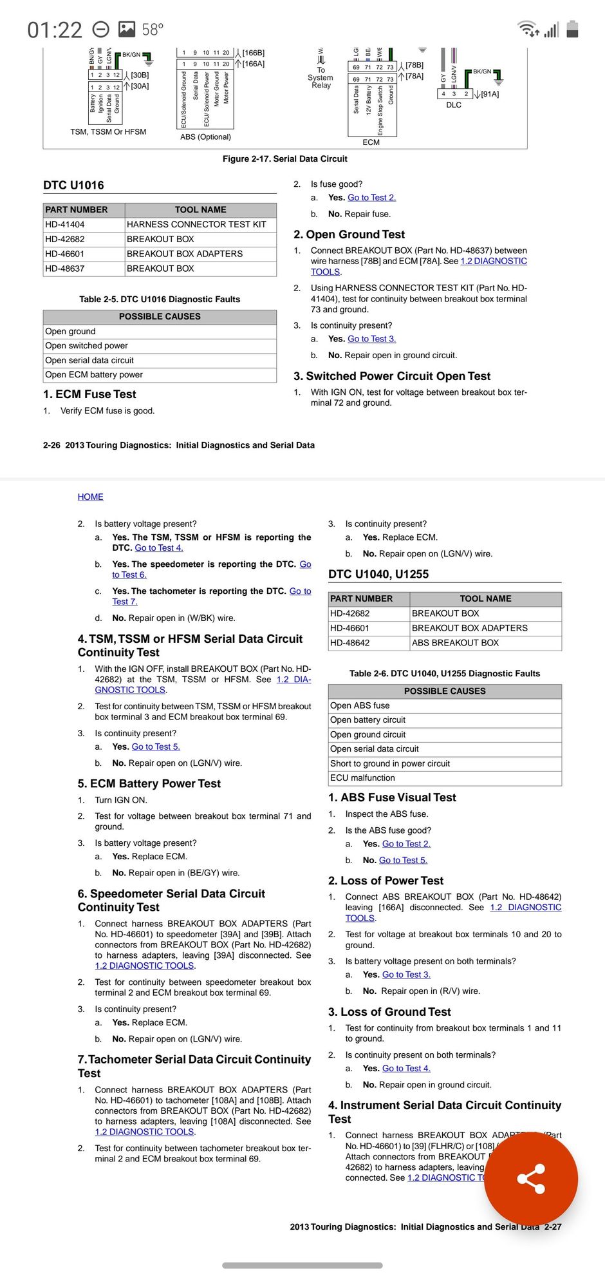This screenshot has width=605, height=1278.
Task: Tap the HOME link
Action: point(90,497)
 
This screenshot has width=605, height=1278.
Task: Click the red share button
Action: point(531,1179)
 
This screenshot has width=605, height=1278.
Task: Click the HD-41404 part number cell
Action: point(65,225)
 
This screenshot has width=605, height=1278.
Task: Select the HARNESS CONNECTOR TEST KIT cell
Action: point(196,225)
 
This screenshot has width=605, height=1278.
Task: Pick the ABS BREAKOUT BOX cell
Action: point(455,643)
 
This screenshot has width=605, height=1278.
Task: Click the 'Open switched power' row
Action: point(87,346)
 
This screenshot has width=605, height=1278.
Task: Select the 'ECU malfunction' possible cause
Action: point(362,778)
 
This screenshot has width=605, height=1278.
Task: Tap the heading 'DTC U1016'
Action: point(73,186)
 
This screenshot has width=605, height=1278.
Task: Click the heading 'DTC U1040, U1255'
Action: point(378,575)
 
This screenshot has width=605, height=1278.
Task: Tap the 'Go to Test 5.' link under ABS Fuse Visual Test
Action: point(403,860)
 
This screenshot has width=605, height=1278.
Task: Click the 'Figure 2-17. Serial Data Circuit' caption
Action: point(284,159)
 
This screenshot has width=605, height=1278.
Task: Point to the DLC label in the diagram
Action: point(454,105)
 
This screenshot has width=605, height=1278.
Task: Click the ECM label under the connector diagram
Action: point(371,142)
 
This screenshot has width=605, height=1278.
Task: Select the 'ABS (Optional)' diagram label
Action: point(205,137)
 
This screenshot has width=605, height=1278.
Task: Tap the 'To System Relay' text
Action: point(321,78)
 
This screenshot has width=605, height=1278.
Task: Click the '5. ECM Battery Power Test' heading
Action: point(149,784)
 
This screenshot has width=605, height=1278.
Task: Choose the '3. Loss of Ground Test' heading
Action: point(389,1012)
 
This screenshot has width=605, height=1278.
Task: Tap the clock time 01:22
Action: point(55,30)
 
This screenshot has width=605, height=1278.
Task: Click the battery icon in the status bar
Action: point(572,29)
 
